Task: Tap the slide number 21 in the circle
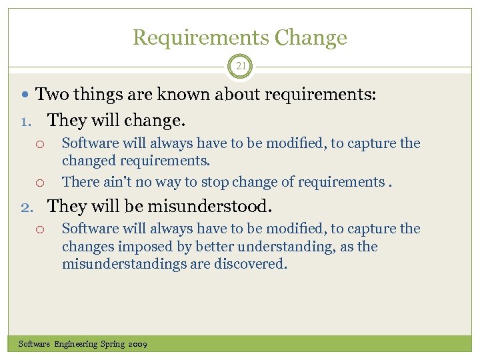pyautogui.click(x=240, y=66)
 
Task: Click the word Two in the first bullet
pyautogui.click(x=51, y=95)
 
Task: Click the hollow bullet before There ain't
pyautogui.click(x=40, y=183)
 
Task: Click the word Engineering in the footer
pyautogui.click(x=76, y=344)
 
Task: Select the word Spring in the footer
pyautogui.click(x=113, y=344)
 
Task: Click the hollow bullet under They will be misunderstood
pyautogui.click(x=40, y=229)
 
